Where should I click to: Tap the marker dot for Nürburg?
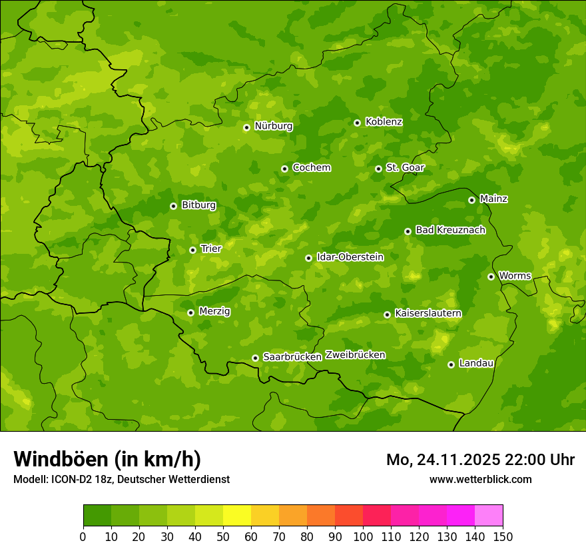point(246,127)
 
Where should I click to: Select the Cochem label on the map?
point(311,168)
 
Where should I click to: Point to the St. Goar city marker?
point(378,169)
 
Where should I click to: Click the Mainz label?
point(493,199)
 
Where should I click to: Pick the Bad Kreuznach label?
point(450,230)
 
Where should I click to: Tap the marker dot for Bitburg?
point(173,206)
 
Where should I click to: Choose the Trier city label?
point(210,249)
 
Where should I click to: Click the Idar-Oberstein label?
point(350,257)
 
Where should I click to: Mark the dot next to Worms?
point(491,276)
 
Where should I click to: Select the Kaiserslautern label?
point(428,313)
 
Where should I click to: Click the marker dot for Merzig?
point(190,312)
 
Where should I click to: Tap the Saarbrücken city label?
point(292,357)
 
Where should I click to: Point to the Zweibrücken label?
point(355,355)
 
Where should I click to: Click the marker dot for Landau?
point(451,364)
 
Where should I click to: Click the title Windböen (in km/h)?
point(107,459)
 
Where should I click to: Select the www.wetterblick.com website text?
point(480,479)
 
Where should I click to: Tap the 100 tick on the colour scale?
point(363,536)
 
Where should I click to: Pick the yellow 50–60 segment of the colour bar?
point(237,515)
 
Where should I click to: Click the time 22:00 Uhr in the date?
point(537,460)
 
